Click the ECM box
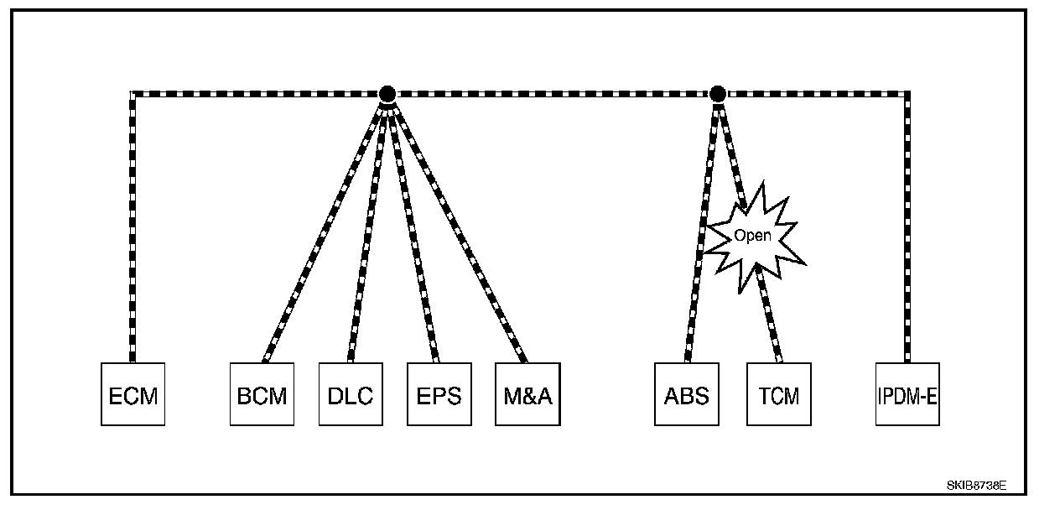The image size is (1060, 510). tap(132, 394)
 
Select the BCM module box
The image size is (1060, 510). tap(262, 394)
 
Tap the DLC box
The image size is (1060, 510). tap(350, 394)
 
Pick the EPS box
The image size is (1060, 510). tap(439, 394)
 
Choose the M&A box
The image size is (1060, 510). tap(527, 394)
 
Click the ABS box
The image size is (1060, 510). tap(687, 394)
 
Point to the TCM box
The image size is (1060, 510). tap(778, 394)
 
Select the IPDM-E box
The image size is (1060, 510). tap(907, 394)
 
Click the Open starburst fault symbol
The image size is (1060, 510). tap(752, 236)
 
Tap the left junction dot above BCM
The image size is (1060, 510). tap(387, 94)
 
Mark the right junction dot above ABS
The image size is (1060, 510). tap(717, 94)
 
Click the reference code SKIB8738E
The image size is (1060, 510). tap(975, 486)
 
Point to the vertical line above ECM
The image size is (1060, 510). tap(132, 226)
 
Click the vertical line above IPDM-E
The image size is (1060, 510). tap(907, 226)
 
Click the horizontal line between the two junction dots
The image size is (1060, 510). tap(552, 94)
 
